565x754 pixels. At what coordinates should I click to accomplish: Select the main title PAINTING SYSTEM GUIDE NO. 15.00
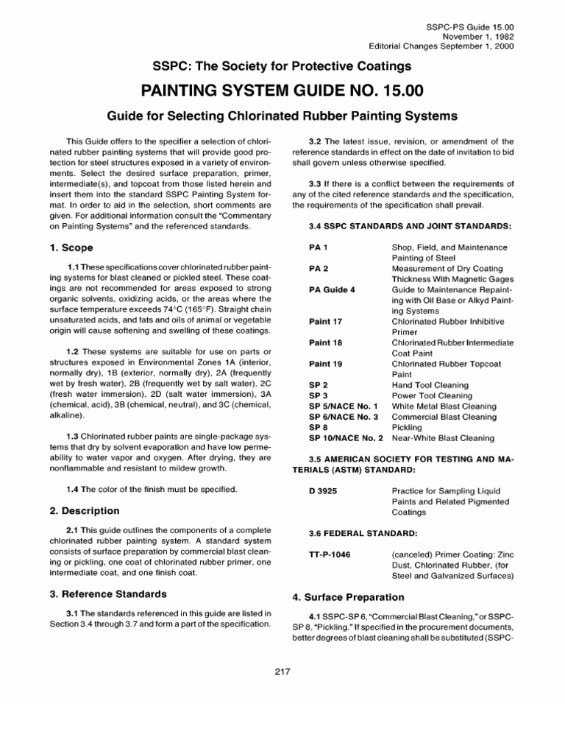point(282,91)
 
